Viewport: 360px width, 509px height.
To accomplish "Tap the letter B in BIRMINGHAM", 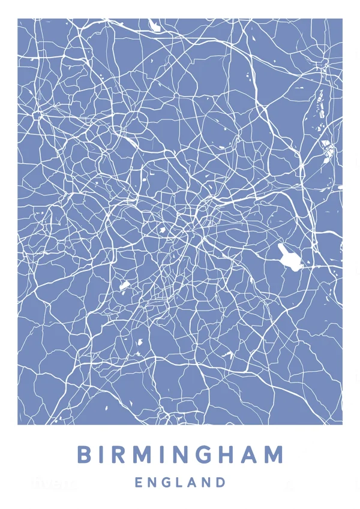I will tap(85, 454).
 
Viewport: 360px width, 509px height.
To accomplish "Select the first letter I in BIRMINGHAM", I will tap(103, 454).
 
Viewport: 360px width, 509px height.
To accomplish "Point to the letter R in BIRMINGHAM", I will tap(120, 454).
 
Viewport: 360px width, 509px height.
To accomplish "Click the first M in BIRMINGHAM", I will tap(143, 454).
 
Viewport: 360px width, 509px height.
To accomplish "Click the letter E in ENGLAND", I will tap(139, 482).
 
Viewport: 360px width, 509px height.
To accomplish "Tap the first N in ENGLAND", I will tap(152, 482).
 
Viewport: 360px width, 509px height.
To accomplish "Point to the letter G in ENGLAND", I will tap(167, 482).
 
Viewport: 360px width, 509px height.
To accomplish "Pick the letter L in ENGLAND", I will tap(181, 482).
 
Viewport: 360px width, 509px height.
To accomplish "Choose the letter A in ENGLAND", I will tap(193, 482).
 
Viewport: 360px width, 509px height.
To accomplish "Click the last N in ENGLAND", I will tap(208, 482).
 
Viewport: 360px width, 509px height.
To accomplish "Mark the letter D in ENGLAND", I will tap(221, 482).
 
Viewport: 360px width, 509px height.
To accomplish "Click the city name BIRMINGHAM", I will tap(180, 454).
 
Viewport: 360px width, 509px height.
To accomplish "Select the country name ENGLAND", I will tap(180, 482).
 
